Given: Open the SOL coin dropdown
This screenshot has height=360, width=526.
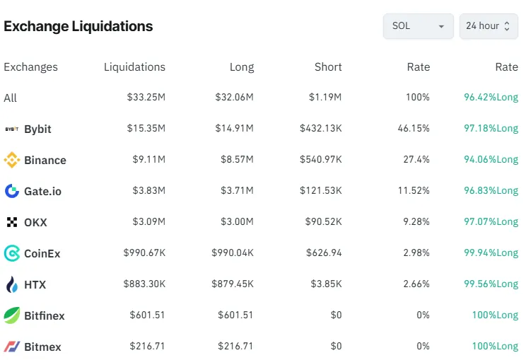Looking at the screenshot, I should [x=418, y=26].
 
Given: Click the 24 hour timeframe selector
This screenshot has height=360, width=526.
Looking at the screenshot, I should [x=488, y=26].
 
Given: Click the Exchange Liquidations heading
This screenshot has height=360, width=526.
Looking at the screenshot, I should [x=78, y=26].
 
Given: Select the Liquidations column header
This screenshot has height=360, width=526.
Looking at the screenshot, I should [x=134, y=67].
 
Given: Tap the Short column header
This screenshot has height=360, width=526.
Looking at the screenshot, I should [x=328, y=67].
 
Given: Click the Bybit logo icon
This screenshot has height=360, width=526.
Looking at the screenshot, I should [x=11, y=129].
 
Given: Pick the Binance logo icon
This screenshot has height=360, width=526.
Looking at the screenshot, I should [x=11, y=161].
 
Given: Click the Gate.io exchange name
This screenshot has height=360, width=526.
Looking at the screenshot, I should [x=42, y=191].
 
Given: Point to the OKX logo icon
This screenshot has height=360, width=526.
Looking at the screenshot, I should [x=11, y=222].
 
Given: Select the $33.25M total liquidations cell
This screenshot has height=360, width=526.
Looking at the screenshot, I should [x=146, y=98].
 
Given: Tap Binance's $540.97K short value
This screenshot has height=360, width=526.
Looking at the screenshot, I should [x=320, y=160].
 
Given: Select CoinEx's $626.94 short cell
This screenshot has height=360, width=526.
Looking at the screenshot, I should [x=324, y=253].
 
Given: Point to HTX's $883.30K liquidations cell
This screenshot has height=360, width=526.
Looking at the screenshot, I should [x=144, y=284].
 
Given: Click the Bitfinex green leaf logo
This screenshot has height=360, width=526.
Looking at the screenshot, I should [x=11, y=315].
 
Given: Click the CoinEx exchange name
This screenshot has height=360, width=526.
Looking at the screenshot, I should [x=42, y=253].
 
